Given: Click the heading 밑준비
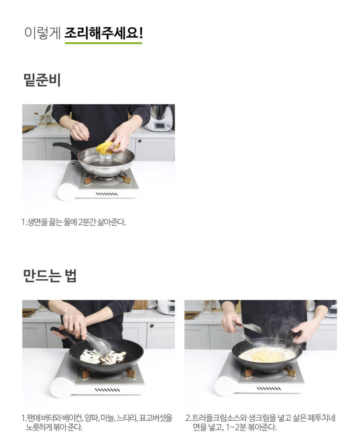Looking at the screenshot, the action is pyautogui.click(x=42, y=80).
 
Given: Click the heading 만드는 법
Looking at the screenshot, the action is pyautogui.click(x=50, y=276).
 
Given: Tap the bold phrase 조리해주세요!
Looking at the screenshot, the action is pyautogui.click(x=104, y=33).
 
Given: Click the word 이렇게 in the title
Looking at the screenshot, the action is pyautogui.click(x=42, y=33).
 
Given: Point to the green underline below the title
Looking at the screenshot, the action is pyautogui.click(x=103, y=43).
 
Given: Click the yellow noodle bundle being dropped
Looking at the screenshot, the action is pyautogui.click(x=108, y=147).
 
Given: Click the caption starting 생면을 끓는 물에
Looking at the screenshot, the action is pyautogui.click(x=74, y=222).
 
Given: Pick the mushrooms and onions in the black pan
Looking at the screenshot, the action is pyautogui.click(x=102, y=357).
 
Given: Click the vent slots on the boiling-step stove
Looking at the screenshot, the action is pyautogui.click(x=107, y=194).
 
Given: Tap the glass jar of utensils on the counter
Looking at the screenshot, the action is pyautogui.click(x=42, y=120).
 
